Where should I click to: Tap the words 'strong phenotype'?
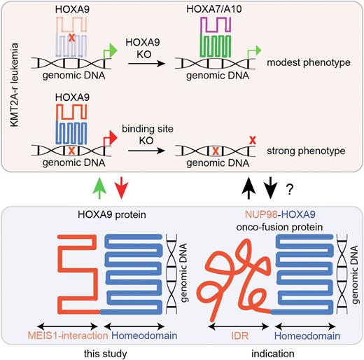310,149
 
